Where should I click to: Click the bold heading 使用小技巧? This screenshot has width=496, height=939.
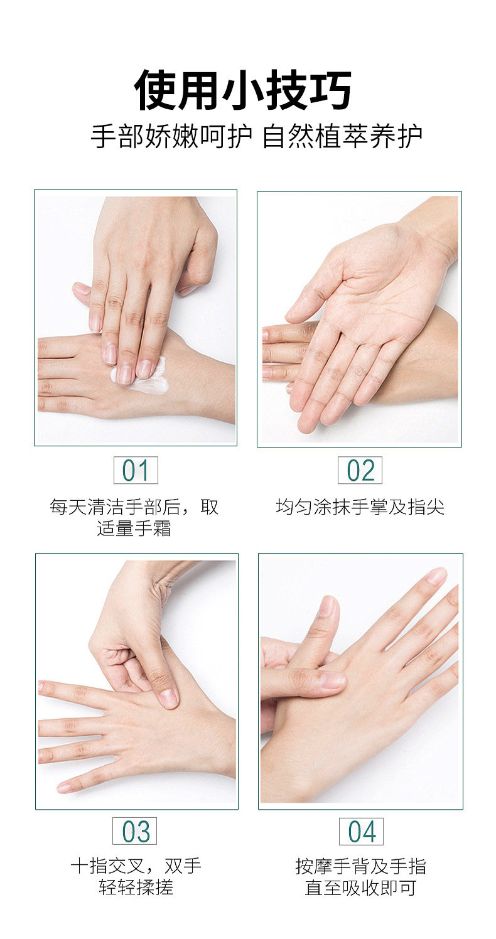243,90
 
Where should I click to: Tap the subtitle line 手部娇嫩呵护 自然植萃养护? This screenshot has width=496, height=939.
256,136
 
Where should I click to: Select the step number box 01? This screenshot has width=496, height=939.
136,470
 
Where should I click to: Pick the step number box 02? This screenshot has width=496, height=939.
360,470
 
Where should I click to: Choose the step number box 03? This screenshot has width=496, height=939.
134,831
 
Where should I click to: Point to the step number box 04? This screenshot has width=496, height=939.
362,831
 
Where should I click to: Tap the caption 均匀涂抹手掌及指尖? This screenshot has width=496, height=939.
360,507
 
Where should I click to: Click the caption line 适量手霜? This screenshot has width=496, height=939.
134,529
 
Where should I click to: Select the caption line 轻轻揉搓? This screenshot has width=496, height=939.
136,887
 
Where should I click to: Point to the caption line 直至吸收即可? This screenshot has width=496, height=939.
360,888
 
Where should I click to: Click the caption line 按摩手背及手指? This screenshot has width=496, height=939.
360,866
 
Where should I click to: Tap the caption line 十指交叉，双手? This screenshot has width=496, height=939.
136,866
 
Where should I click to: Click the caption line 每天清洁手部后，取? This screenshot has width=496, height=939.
134,507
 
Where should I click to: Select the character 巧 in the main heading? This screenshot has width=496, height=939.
330,90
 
